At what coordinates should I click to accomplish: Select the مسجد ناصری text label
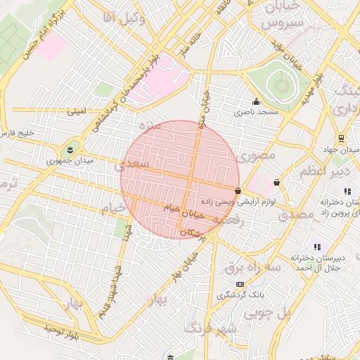coord(257,112)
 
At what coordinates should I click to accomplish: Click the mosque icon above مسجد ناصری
coord(256,101)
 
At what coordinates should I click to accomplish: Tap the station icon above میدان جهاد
coord(341,138)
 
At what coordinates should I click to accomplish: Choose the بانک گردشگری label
coord(240,295)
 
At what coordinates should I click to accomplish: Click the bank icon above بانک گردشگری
coord(240,284)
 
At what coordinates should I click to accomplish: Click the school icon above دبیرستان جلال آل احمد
coord(317,247)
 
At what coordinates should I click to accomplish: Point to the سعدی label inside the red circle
coord(136,163)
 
